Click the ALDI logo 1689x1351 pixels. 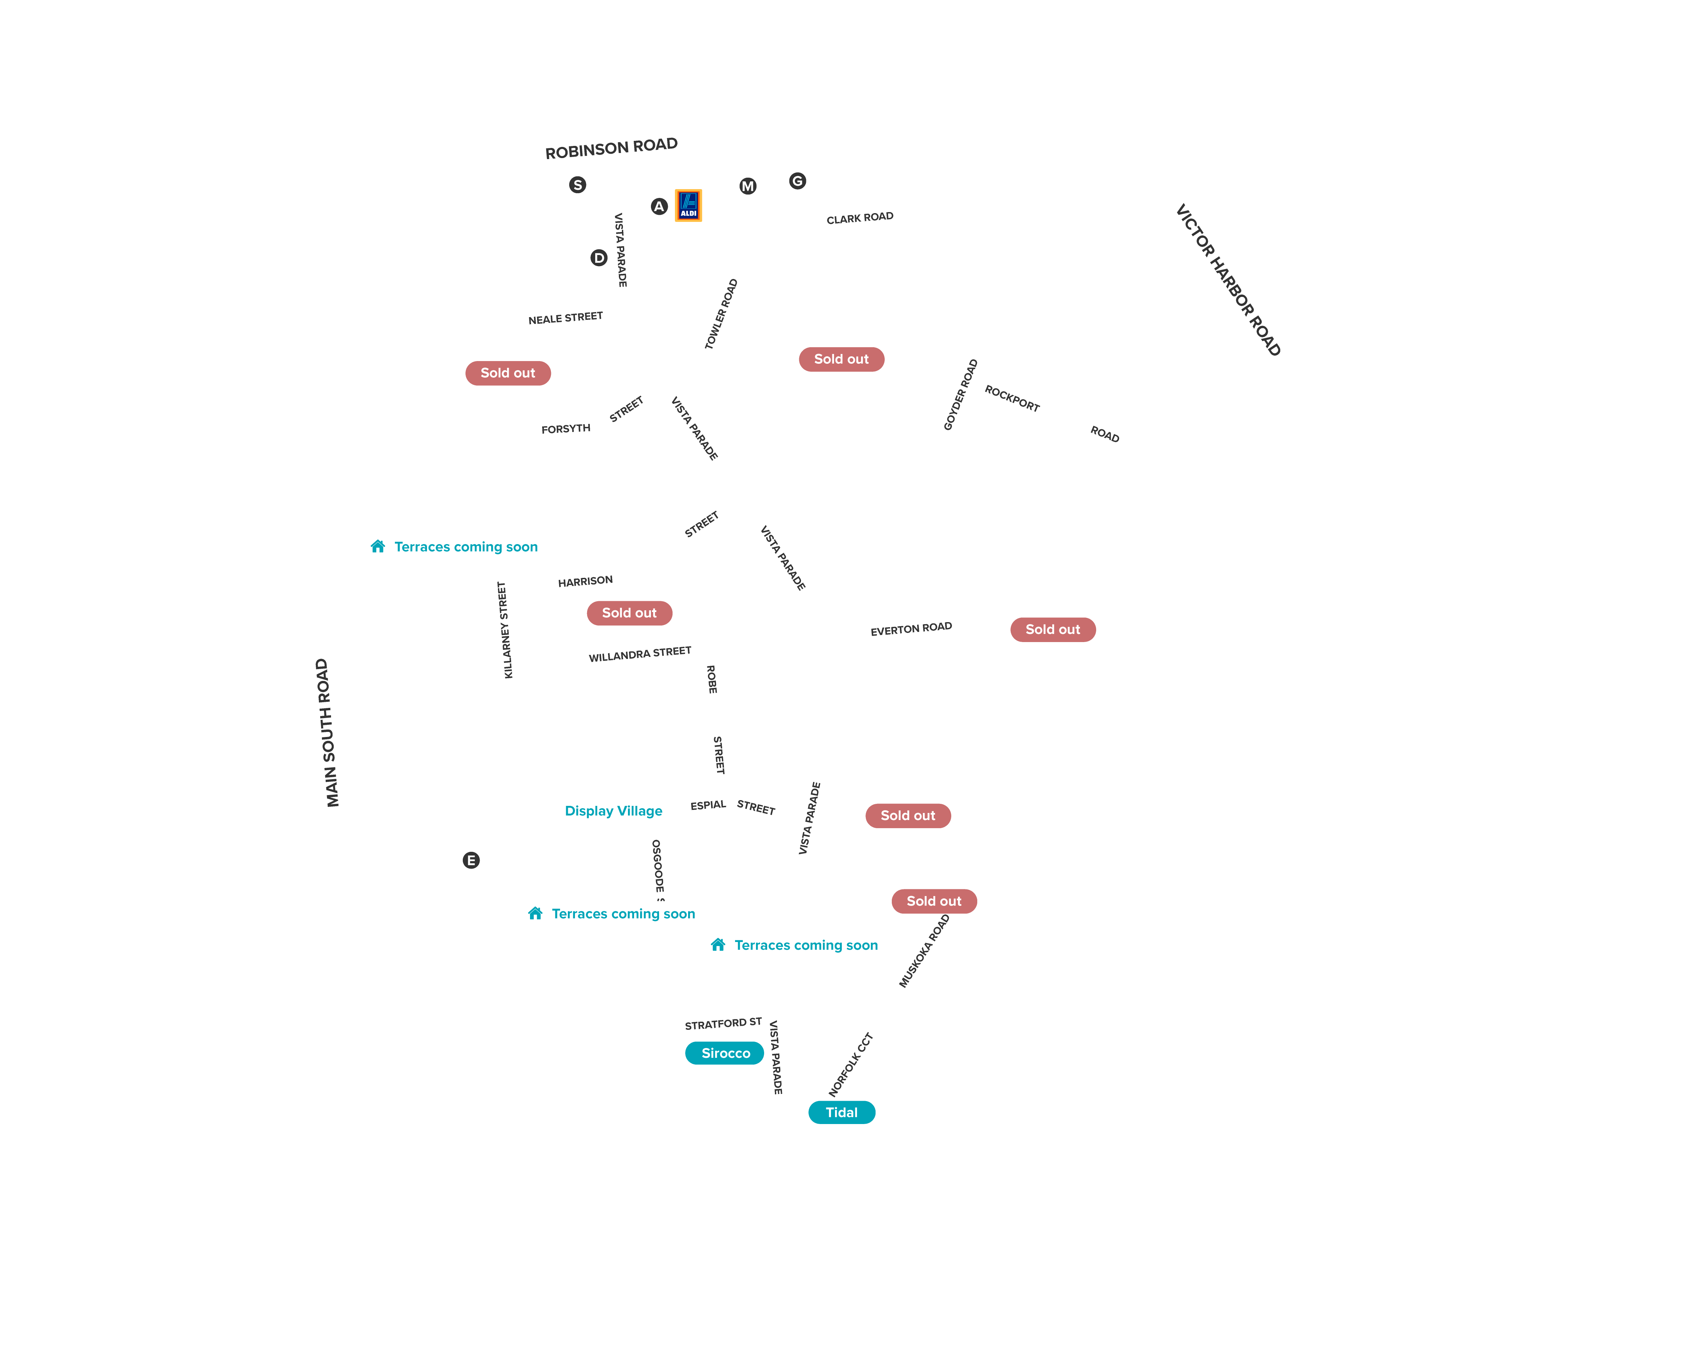688,205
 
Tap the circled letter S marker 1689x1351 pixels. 577,185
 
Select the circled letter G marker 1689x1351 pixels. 798,181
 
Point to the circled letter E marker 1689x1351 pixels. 471,860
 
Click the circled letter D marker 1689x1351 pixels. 599,258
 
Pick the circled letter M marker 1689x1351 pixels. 748,186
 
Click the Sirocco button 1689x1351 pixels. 725,1053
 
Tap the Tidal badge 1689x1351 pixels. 841,1112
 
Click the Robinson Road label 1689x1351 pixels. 611,148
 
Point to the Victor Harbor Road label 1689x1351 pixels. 1228,280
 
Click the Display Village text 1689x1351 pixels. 613,811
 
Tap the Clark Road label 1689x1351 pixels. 859,218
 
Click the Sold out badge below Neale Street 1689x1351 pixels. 508,373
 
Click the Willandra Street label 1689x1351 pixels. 640,654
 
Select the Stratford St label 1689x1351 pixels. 723,1024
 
